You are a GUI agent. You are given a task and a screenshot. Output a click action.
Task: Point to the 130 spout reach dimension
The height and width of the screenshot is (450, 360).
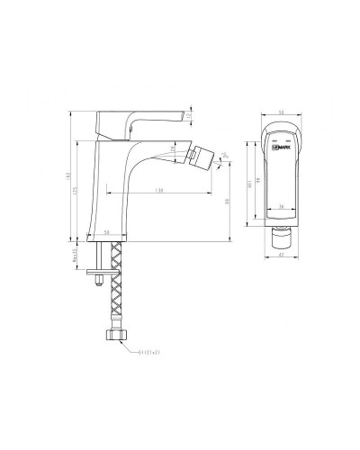159,191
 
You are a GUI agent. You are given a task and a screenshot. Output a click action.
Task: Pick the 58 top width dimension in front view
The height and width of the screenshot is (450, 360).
282,111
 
